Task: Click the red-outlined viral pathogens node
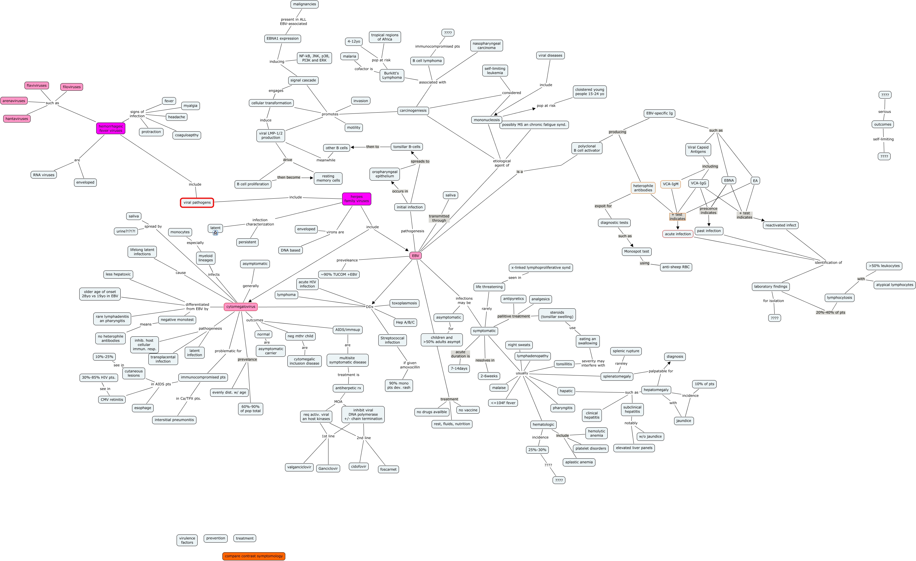pos(197,203)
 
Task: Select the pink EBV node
pos(415,256)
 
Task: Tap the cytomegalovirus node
pos(240,307)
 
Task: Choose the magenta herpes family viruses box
pos(356,199)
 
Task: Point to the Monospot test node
pos(637,251)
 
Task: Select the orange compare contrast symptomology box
pos(254,556)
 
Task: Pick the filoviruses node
pos(71,87)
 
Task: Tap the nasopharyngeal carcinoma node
pos(486,46)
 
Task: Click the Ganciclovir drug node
pos(328,468)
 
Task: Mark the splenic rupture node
pos(626,351)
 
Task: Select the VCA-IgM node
pos(670,184)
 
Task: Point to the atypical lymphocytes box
pos(894,285)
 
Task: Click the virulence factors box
pos(187,540)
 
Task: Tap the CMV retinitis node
pos(112,400)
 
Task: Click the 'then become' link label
pos(289,177)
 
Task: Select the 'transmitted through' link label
pos(439,219)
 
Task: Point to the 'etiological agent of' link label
pos(502,163)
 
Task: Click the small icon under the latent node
pos(215,233)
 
